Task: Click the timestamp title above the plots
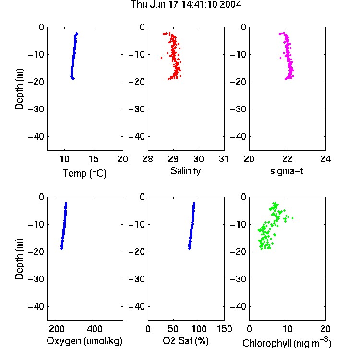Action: (x=186, y=5)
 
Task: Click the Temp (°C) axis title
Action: (x=84, y=173)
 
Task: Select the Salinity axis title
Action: (x=185, y=171)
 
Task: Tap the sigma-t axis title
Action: (x=287, y=171)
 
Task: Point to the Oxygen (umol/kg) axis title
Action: (x=84, y=341)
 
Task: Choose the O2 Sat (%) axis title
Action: (x=186, y=341)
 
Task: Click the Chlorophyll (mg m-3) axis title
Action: (x=287, y=342)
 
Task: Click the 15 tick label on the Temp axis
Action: (x=94, y=159)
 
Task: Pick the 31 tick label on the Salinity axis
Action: (x=224, y=159)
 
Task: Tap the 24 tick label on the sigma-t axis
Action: (x=325, y=159)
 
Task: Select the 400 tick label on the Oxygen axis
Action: (x=95, y=329)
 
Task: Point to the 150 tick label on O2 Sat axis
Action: (x=224, y=329)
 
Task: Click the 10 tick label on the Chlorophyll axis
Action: (x=288, y=329)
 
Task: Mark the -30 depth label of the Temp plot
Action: (x=36, y=109)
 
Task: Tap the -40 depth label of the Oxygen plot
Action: (x=36, y=306)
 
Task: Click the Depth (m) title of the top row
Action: (x=19, y=89)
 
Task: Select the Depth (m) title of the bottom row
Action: (x=19, y=259)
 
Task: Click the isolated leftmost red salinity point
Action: (x=161, y=58)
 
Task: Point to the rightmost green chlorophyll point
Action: (x=292, y=218)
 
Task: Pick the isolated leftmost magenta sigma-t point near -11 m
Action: (x=280, y=58)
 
